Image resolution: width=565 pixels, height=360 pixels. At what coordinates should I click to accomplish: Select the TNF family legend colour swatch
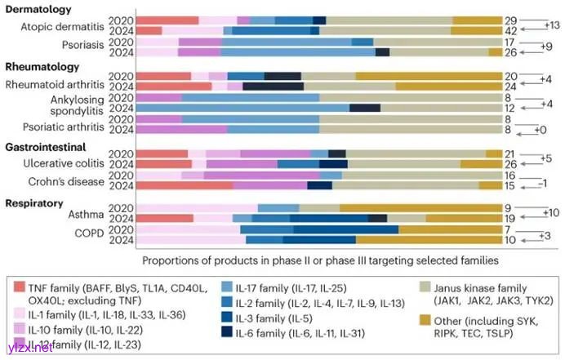coord(23,286)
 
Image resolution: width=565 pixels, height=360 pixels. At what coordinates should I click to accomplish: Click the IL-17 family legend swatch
coord(230,286)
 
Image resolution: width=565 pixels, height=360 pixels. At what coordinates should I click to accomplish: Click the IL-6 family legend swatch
coord(230,333)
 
